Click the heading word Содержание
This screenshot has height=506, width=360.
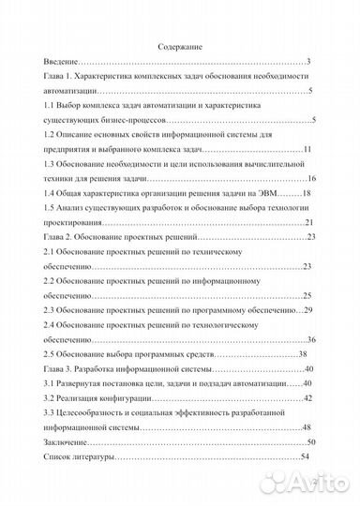pyautogui.click(x=180, y=46)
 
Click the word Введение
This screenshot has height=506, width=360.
pyautogui.click(x=60, y=62)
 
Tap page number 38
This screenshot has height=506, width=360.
pyautogui.click(x=303, y=354)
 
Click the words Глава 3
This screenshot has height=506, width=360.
pyautogui.click(x=58, y=368)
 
